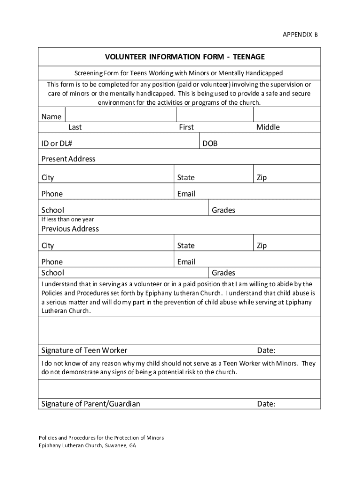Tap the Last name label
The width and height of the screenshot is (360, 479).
75,127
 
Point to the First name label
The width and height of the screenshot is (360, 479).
186,127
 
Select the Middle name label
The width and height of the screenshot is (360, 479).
267,127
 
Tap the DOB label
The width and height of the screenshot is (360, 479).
210,144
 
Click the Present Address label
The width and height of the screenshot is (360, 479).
68,159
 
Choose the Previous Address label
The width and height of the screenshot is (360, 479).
70,229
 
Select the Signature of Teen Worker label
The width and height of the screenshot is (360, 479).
84,350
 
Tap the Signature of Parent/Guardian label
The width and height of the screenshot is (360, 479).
91,404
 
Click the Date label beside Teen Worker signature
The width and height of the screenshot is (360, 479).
266,350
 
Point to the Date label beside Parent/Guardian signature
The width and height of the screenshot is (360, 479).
266,404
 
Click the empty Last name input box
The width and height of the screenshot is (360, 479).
121,115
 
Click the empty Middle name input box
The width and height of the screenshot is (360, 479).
286,115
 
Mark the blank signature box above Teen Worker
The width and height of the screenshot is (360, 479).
179,331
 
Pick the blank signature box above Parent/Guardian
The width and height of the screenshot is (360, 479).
179,388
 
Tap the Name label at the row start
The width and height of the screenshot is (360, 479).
51,117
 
